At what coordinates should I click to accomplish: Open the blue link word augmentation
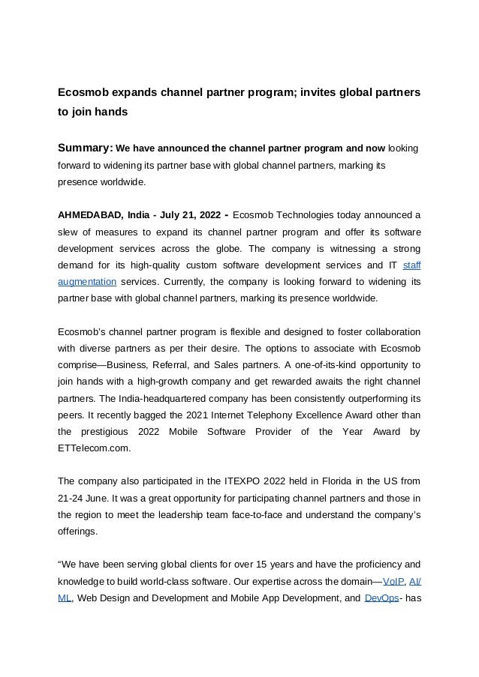coord(87,282)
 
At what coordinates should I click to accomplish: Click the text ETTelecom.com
coord(94,448)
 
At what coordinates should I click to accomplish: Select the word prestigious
coord(101,432)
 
